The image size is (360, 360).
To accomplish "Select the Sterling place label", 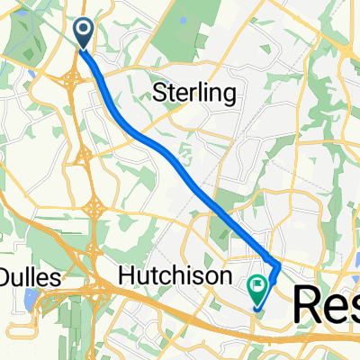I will (x=200, y=93).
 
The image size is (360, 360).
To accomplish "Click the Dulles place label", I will (x=30, y=278).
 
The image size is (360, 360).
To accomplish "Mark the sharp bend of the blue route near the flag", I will (x=278, y=266).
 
